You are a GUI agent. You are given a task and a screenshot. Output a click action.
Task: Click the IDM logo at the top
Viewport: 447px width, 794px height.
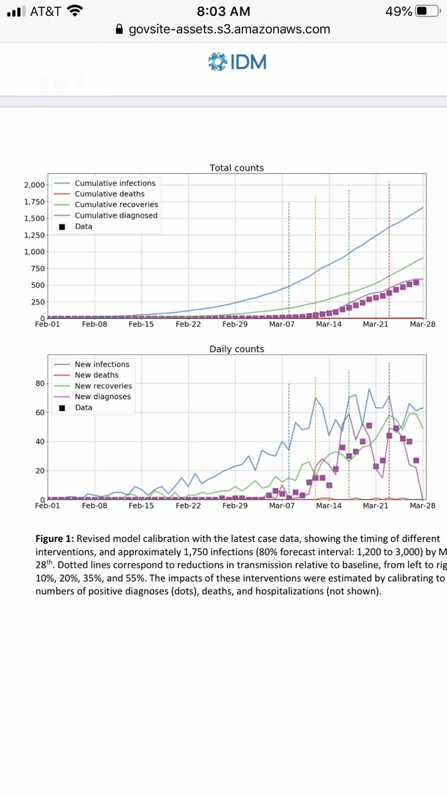237,62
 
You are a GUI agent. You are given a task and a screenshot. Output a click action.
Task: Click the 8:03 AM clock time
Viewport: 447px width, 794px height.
223,11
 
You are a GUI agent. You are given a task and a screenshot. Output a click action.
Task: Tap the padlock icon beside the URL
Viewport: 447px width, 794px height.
119,29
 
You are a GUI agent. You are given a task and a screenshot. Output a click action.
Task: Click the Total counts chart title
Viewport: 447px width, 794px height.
236,168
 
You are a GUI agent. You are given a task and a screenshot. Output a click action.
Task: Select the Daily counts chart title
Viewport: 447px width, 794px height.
236,349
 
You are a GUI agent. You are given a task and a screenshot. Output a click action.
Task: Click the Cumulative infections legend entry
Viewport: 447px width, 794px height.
115,183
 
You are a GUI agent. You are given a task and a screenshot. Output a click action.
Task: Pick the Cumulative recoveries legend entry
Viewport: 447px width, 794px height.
116,204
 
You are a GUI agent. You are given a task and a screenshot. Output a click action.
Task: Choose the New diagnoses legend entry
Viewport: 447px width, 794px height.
103,396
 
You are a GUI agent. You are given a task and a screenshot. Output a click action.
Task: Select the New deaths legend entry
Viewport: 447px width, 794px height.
97,375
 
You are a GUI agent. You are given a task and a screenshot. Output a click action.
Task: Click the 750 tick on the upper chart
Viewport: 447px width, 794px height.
36,268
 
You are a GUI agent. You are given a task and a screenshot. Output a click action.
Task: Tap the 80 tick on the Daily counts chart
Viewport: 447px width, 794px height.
39,383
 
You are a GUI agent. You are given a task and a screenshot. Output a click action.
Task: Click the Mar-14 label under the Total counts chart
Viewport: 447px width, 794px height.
328,325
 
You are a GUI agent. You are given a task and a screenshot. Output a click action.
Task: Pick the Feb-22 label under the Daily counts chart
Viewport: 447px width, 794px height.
188,506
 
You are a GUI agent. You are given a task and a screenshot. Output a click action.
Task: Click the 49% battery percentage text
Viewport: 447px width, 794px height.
396,11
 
